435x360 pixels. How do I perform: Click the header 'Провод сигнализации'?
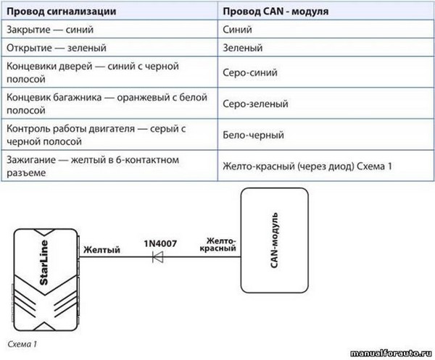coord(62,12)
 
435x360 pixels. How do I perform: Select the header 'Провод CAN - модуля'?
coord(275,12)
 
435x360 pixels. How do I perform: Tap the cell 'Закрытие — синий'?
coord(50,30)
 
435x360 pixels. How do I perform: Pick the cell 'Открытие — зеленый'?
coord(57,48)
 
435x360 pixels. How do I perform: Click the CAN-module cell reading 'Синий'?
coord(238,30)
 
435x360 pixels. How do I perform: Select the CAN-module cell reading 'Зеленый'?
coord(243,48)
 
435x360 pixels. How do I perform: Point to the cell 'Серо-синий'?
coord(250,72)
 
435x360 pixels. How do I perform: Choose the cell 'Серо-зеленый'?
coord(255,104)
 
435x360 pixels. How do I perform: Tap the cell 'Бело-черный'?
coord(254,135)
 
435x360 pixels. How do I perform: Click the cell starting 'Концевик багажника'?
coord(107,104)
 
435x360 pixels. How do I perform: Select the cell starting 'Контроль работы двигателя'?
coord(96,135)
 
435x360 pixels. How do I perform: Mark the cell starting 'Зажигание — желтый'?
coord(93,167)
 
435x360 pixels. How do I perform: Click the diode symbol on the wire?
coord(158,257)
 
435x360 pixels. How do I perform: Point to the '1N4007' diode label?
coord(160,243)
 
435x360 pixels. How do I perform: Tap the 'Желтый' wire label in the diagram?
coord(101,250)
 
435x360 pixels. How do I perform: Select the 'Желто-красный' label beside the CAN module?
coord(218,244)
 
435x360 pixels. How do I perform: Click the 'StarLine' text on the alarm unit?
coord(44,262)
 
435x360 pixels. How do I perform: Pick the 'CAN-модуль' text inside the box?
coord(274,240)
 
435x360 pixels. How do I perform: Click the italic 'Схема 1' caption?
coord(22,344)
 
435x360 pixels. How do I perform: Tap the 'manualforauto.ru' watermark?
coord(391,353)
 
